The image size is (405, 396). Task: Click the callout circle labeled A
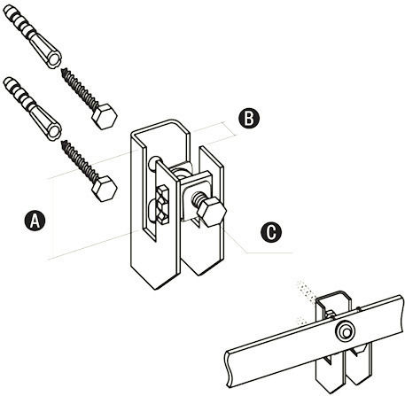click(35, 221)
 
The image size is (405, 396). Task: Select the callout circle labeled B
click(249, 119)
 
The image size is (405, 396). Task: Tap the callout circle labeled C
click(271, 232)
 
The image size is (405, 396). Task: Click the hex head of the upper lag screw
click(105, 116)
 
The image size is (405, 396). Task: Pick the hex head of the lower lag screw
click(105, 189)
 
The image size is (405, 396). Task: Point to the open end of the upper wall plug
click(54, 60)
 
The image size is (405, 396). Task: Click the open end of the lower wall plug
click(54, 132)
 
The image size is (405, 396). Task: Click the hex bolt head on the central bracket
click(212, 212)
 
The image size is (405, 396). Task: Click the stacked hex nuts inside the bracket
click(162, 205)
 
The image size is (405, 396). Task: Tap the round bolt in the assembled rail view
click(345, 332)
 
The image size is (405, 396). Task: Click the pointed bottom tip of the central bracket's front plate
click(156, 289)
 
